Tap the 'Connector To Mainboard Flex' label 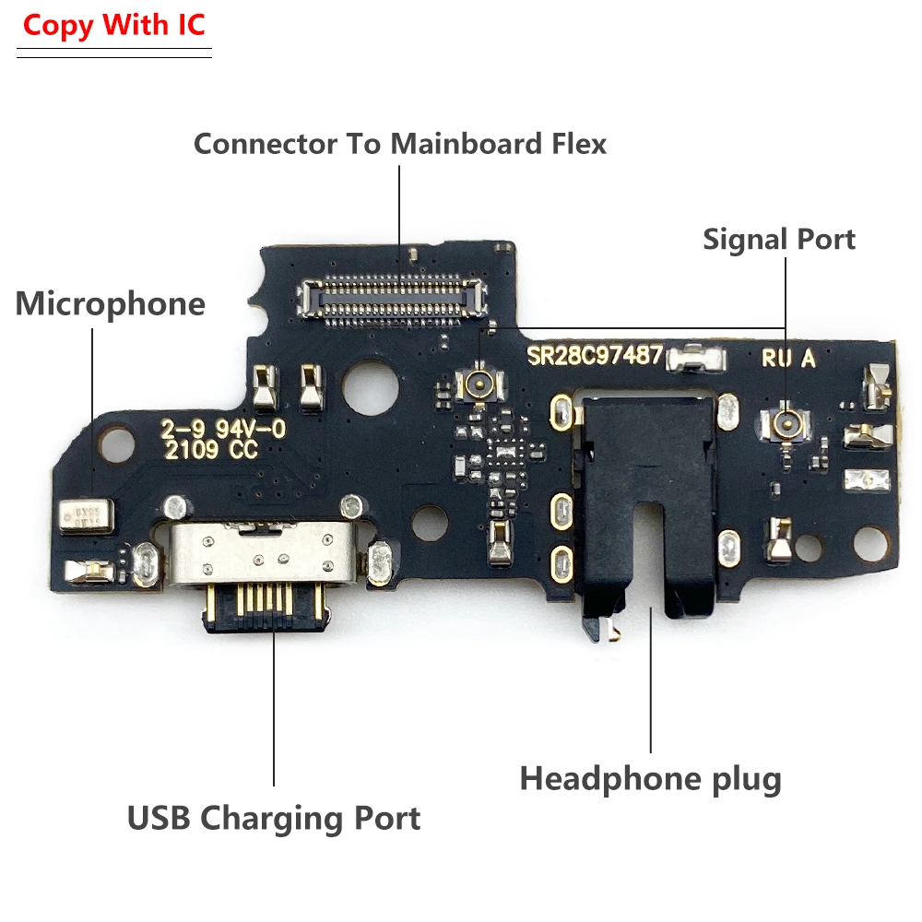399,144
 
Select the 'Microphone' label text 110,303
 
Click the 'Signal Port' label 779,240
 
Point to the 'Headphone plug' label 650,779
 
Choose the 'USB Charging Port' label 274,817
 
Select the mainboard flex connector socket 391,300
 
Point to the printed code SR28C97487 595,356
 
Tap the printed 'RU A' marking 789,360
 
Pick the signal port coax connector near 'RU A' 786,422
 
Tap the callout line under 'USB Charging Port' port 274,710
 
